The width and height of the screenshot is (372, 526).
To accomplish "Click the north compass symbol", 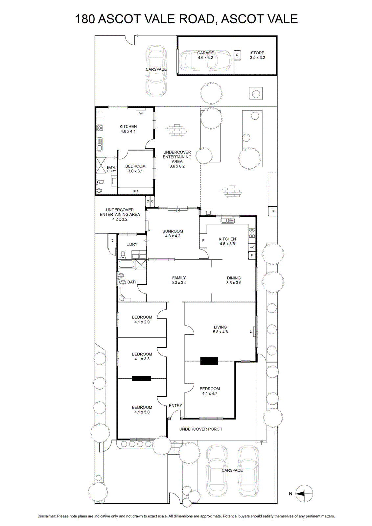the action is pyautogui.click(x=304, y=493).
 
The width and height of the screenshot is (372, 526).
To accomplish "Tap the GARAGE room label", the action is pyautogui.click(x=205, y=53).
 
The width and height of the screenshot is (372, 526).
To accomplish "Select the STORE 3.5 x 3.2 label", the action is pyautogui.click(x=257, y=55).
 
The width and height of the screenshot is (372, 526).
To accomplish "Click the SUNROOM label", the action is pyautogui.click(x=173, y=231).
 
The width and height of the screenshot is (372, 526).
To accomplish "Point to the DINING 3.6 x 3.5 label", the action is pyautogui.click(x=234, y=280).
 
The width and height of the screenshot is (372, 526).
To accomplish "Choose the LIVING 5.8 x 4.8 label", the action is pyautogui.click(x=221, y=329).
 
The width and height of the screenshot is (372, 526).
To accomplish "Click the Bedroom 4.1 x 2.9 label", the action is pyautogui.click(x=142, y=320).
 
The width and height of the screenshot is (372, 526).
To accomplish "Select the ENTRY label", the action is pyautogui.click(x=175, y=406).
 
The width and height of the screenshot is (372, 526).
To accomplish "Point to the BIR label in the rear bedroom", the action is pyautogui.click(x=135, y=191).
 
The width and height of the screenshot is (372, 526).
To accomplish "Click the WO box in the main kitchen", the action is pyautogui.click(x=252, y=248).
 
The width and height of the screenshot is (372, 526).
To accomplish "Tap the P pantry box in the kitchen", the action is pyautogui.click(x=252, y=255).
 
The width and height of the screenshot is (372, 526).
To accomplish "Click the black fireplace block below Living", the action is pyautogui.click(x=209, y=361).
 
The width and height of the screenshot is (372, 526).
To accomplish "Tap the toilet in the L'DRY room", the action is pyautogui.click(x=123, y=254).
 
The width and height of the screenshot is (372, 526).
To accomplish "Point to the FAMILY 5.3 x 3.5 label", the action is pyautogui.click(x=179, y=280).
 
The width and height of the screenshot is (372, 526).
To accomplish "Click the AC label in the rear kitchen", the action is pyautogui.click(x=141, y=113).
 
